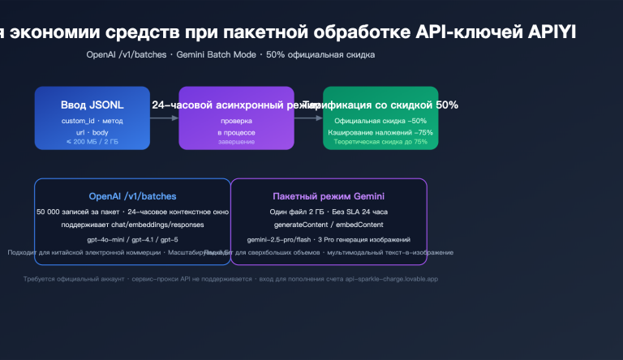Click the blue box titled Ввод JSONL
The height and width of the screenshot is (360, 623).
click(92, 118)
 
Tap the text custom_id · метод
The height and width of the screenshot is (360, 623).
click(92, 121)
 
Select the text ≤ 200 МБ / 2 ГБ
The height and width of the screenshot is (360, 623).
click(92, 142)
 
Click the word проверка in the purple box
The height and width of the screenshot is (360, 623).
click(236, 121)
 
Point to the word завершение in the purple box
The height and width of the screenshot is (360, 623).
click(236, 142)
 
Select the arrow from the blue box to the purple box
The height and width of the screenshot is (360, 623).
click(164, 118)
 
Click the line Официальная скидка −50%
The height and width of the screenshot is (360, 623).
click(380, 121)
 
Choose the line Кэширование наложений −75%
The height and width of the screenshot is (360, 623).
click(380, 131)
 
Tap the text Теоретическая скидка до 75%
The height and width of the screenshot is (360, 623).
click(380, 142)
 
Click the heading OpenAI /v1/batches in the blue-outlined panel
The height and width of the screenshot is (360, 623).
click(132, 196)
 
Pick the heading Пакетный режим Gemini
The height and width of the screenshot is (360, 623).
click(329, 196)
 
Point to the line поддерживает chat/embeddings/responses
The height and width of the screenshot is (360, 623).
click(132, 224)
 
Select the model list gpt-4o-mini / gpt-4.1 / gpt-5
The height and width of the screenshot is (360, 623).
click(132, 240)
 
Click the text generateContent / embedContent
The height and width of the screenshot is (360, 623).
click(329, 224)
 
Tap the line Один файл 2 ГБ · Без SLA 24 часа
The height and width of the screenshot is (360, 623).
click(329, 212)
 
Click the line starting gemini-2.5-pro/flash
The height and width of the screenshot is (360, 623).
click(329, 240)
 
